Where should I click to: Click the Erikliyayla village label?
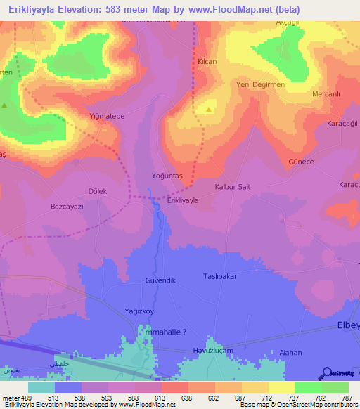pos(182,200)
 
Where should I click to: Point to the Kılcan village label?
pos(207,63)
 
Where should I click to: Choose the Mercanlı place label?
pos(326,93)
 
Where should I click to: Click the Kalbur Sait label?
pos(232,187)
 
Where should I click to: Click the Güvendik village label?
pos(159,280)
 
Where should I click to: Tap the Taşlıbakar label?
pos(220,276)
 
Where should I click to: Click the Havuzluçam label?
pos(213,350)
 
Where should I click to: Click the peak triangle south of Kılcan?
pos(209,110)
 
